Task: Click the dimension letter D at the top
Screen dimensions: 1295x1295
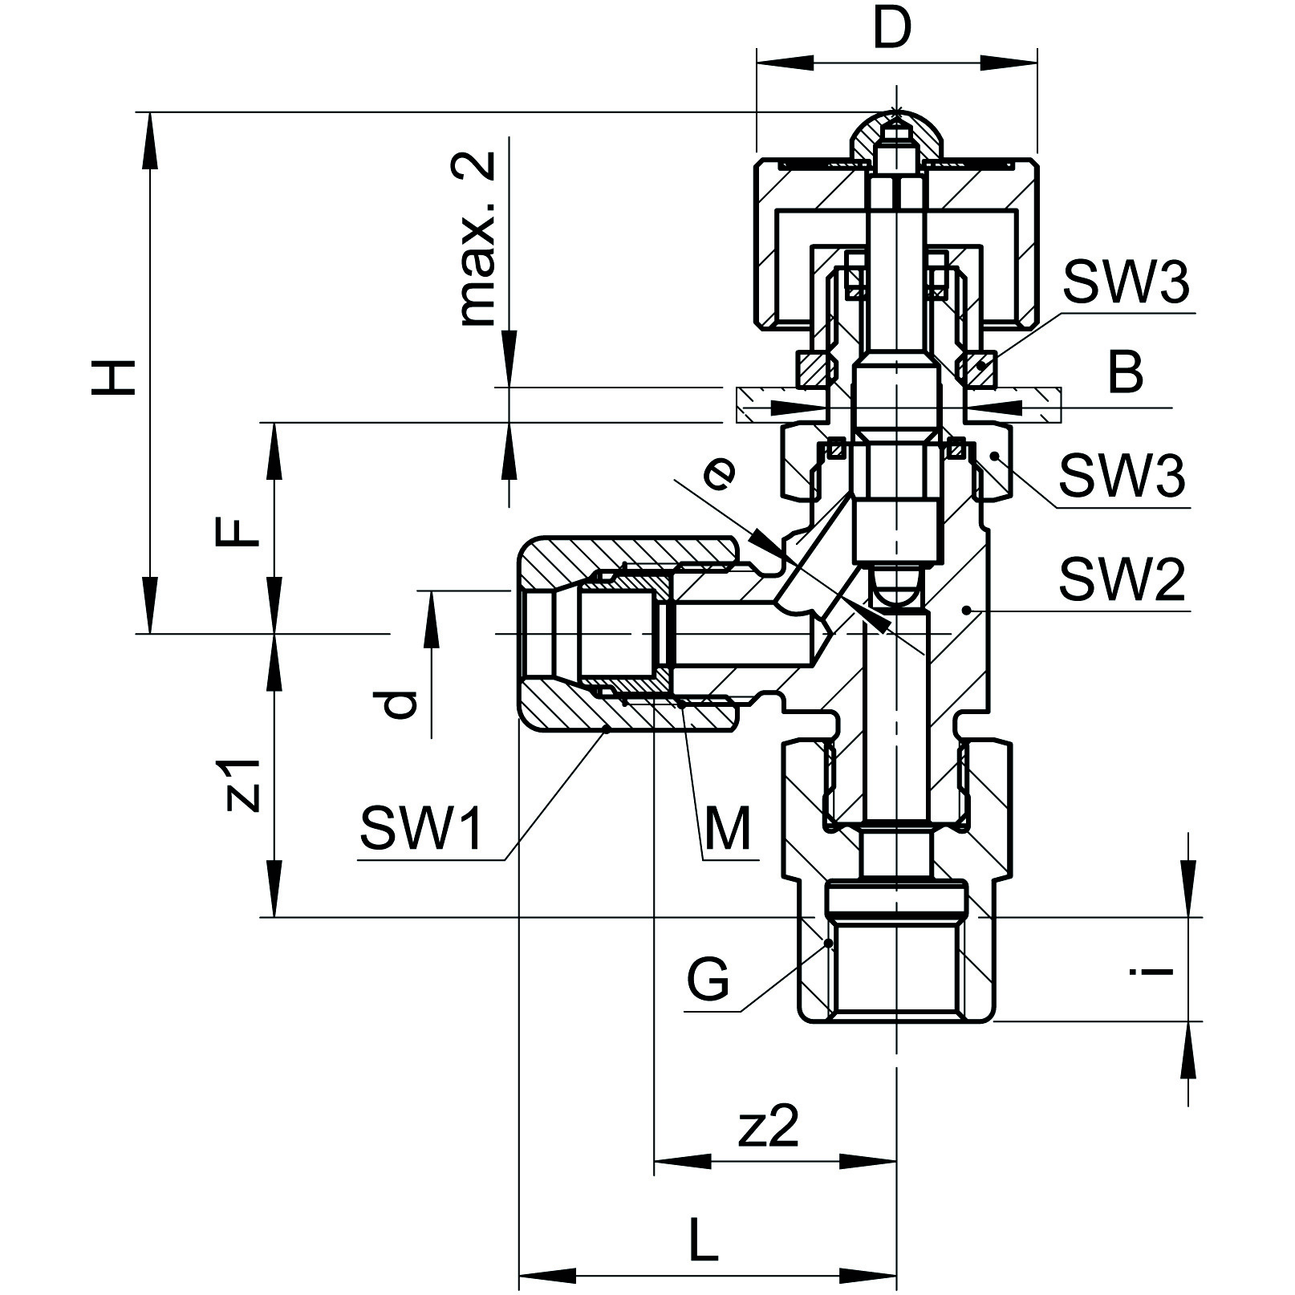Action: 892,30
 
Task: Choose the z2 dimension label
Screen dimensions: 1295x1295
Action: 769,1127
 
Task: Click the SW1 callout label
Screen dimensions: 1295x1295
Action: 421,827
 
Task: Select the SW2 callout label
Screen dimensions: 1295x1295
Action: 1122,581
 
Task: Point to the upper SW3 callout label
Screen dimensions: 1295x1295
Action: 1125,282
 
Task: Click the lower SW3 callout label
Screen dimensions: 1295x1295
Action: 1122,476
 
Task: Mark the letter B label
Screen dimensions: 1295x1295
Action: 1125,373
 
